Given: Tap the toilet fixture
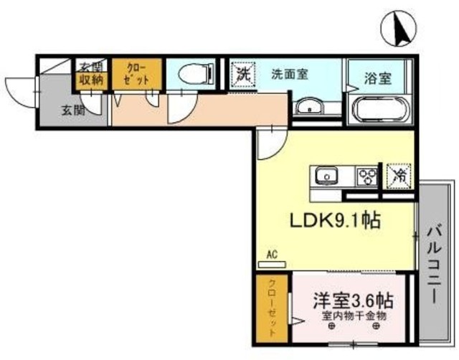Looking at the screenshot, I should pyautogui.click(x=194, y=73).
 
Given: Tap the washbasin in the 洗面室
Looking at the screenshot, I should pyautogui.click(x=310, y=108).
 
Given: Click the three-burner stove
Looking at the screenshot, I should pyautogui.click(x=366, y=175).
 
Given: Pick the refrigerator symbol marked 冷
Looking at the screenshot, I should pyautogui.click(x=399, y=174).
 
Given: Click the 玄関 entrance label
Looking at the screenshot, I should pyautogui.click(x=69, y=110).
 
